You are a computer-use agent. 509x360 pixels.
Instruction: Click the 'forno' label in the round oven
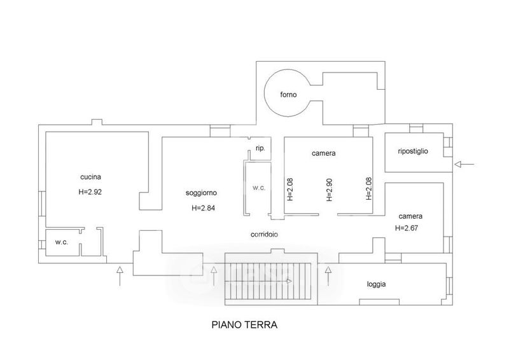(x=288, y=95)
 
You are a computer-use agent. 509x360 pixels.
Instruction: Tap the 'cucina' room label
(x=90, y=177)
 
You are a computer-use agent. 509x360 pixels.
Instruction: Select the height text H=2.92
(x=90, y=192)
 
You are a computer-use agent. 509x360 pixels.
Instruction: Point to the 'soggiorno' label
(x=201, y=193)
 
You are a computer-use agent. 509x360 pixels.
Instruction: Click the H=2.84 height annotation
(x=203, y=208)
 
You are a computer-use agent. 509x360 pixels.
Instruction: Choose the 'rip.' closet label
(x=260, y=148)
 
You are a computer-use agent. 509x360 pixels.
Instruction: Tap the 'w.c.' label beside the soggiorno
(x=259, y=188)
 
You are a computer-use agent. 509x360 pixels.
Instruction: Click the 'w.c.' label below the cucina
(x=61, y=242)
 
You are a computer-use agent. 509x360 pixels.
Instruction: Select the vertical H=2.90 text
(x=329, y=190)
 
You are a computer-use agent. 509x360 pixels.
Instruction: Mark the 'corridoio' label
(x=264, y=234)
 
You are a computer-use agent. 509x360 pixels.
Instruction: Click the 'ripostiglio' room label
(x=412, y=151)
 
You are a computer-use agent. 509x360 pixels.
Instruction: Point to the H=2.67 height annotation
(x=407, y=228)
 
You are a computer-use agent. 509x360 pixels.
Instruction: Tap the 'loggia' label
(x=376, y=284)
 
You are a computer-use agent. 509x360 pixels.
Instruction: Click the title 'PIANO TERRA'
(x=244, y=324)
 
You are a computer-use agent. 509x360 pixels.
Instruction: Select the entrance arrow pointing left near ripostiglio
(x=464, y=165)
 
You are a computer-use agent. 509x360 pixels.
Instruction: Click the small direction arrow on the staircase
(x=289, y=281)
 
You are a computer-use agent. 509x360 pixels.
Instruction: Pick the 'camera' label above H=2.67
(x=410, y=216)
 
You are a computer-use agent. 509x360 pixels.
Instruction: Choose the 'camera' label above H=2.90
(x=323, y=153)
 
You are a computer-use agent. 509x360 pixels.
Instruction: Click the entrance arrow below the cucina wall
(x=120, y=276)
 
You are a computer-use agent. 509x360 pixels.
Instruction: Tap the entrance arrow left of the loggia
(x=328, y=276)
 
